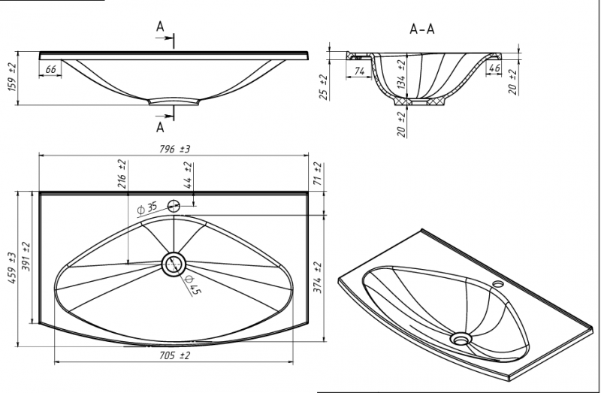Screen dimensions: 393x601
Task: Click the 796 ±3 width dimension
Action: (x=175, y=150)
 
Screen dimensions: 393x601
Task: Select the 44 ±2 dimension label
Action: (x=189, y=177)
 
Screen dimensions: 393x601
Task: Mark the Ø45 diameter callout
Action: (x=193, y=286)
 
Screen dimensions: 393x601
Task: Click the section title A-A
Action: (x=421, y=29)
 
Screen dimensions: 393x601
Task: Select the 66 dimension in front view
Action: (x=51, y=70)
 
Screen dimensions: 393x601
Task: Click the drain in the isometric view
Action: (x=460, y=339)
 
